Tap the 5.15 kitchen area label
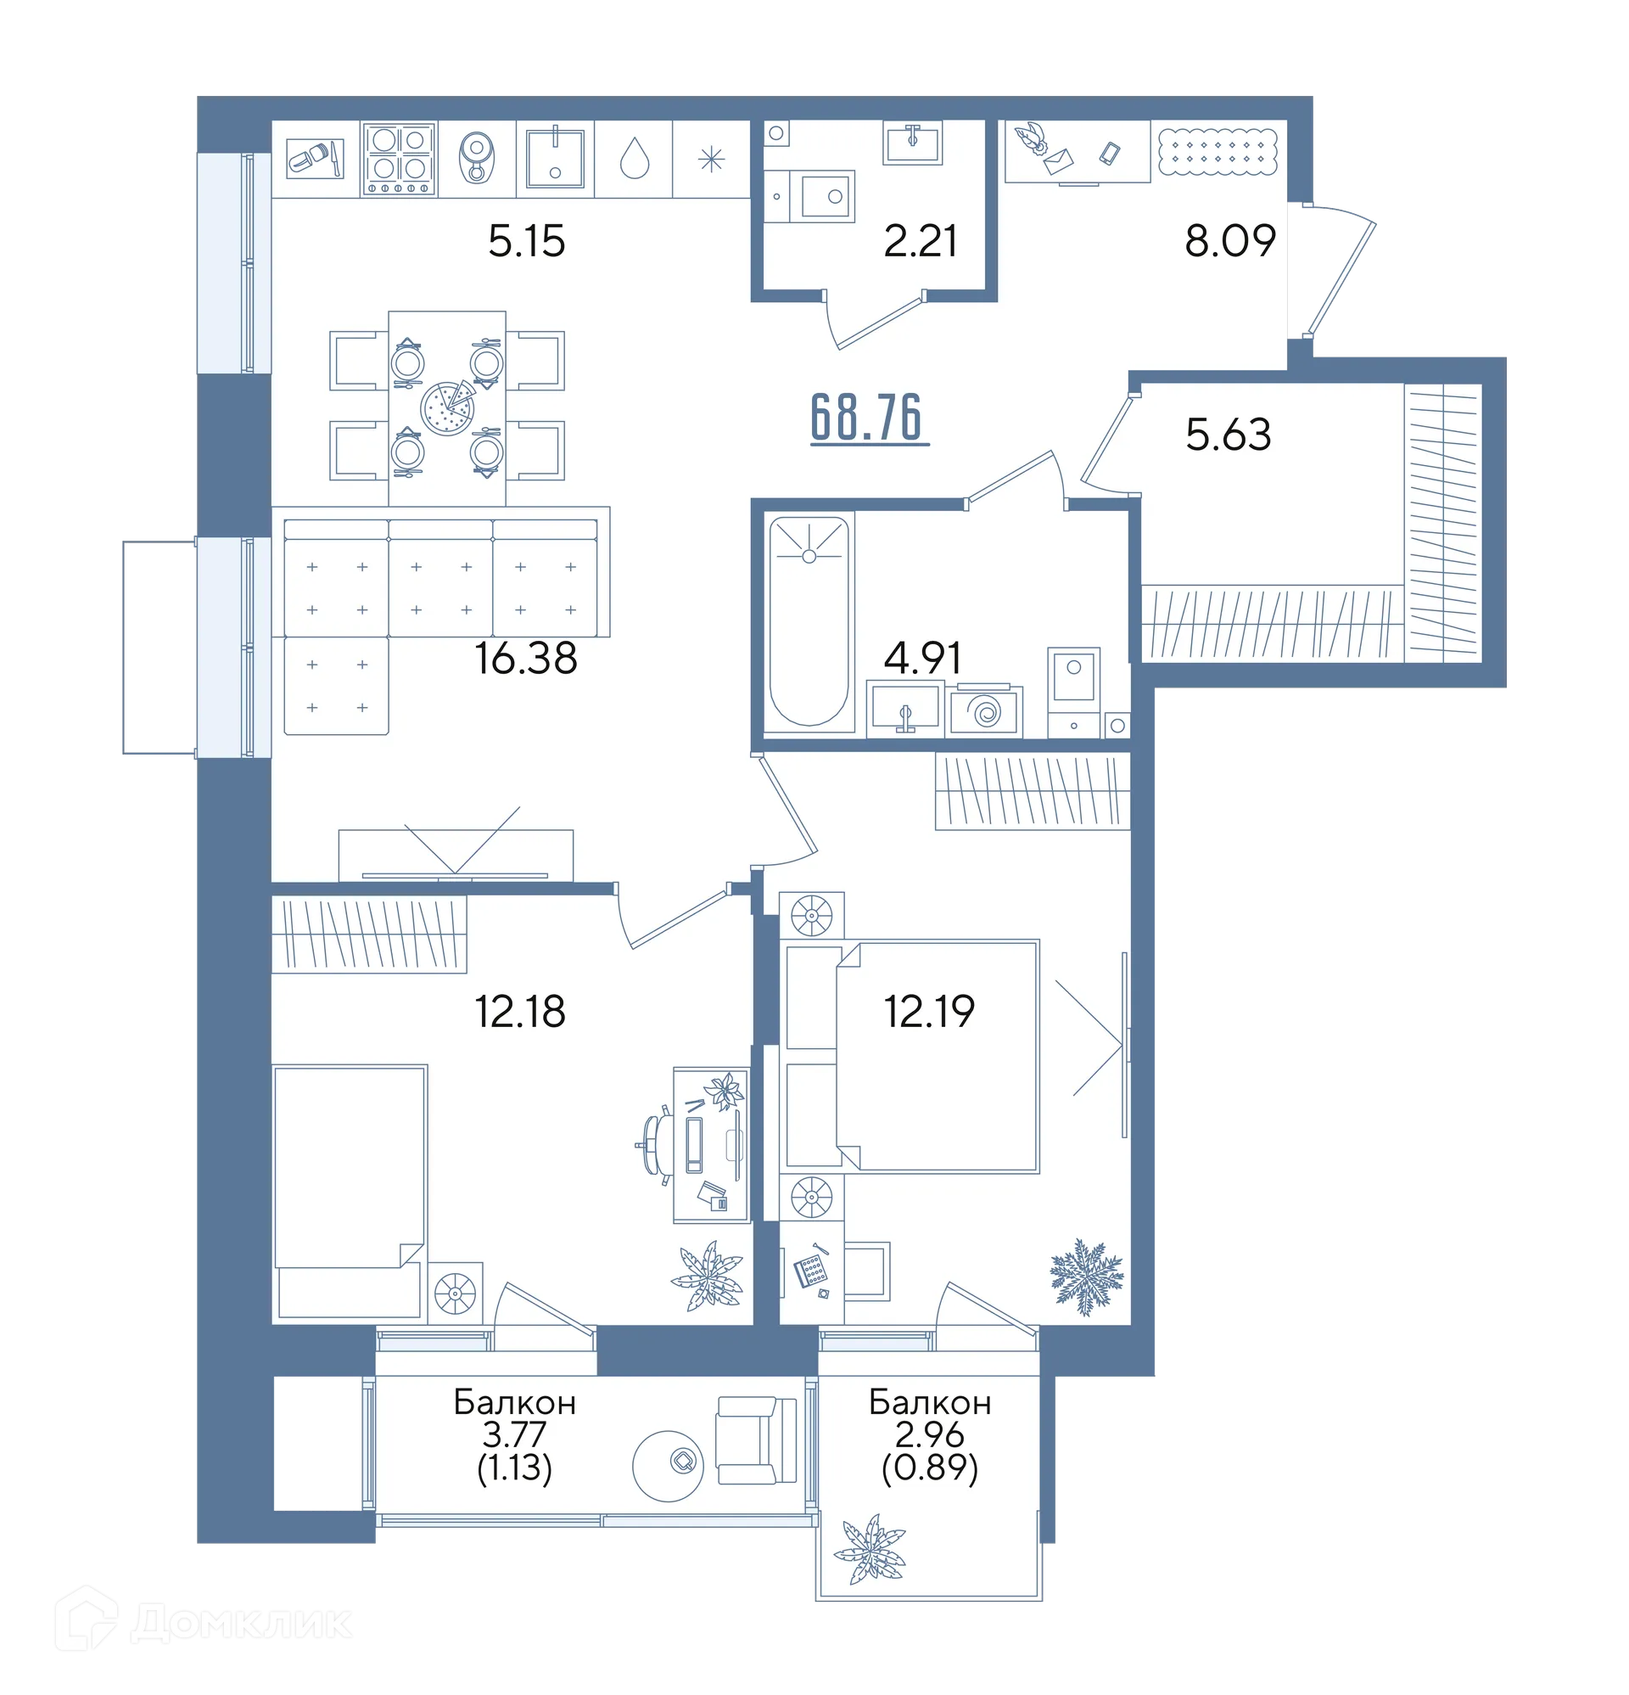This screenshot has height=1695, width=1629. point(526,240)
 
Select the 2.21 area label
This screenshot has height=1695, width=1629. point(920,240)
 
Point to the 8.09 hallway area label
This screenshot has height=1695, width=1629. point(1229,240)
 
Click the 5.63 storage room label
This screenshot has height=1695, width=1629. point(1228,434)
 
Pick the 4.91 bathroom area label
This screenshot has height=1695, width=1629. point(921,658)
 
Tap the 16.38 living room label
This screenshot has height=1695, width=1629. point(526,658)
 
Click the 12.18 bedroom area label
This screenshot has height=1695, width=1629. point(519,1011)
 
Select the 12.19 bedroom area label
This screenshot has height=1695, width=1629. point(929,1011)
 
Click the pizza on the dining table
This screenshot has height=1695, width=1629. point(447,407)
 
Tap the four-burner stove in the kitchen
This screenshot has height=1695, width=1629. point(399,159)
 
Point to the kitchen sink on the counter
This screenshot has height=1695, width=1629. point(555,158)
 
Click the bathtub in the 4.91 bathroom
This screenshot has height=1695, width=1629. point(809,621)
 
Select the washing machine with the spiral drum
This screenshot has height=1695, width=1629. point(985,710)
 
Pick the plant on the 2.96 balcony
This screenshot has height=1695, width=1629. point(869,1549)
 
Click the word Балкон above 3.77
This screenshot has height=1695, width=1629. point(514,1402)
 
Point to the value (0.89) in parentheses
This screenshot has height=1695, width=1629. point(930,1468)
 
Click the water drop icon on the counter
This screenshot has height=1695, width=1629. point(634,159)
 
